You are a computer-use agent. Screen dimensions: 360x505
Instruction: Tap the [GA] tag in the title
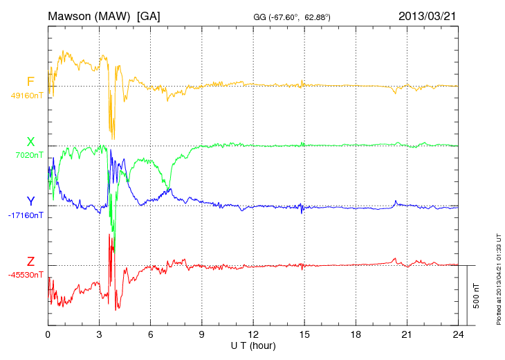point(149,15)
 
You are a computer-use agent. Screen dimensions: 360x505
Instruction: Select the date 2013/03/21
point(427,15)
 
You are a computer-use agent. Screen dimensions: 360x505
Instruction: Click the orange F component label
point(30,82)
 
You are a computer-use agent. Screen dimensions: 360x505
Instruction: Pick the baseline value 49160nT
point(26,96)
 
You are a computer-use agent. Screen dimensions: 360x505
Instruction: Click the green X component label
point(30,142)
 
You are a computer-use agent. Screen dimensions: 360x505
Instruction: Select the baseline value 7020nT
point(28,155)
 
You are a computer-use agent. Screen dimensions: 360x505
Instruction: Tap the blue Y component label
point(30,201)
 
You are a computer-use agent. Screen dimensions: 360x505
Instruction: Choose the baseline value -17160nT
point(26,215)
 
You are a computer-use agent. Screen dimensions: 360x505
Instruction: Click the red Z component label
point(30,262)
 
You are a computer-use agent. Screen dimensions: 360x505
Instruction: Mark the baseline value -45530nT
point(26,275)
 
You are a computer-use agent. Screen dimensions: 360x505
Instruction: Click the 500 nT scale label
point(477,296)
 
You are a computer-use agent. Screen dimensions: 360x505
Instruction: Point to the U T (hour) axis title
point(253,345)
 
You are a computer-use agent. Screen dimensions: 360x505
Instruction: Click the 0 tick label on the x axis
point(48,334)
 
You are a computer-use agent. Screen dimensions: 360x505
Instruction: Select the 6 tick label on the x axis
point(151,334)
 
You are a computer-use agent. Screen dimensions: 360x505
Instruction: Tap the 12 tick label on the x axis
point(253,334)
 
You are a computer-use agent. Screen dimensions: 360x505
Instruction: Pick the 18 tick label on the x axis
point(356,334)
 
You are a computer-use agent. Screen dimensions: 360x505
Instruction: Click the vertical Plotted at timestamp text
point(498,280)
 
